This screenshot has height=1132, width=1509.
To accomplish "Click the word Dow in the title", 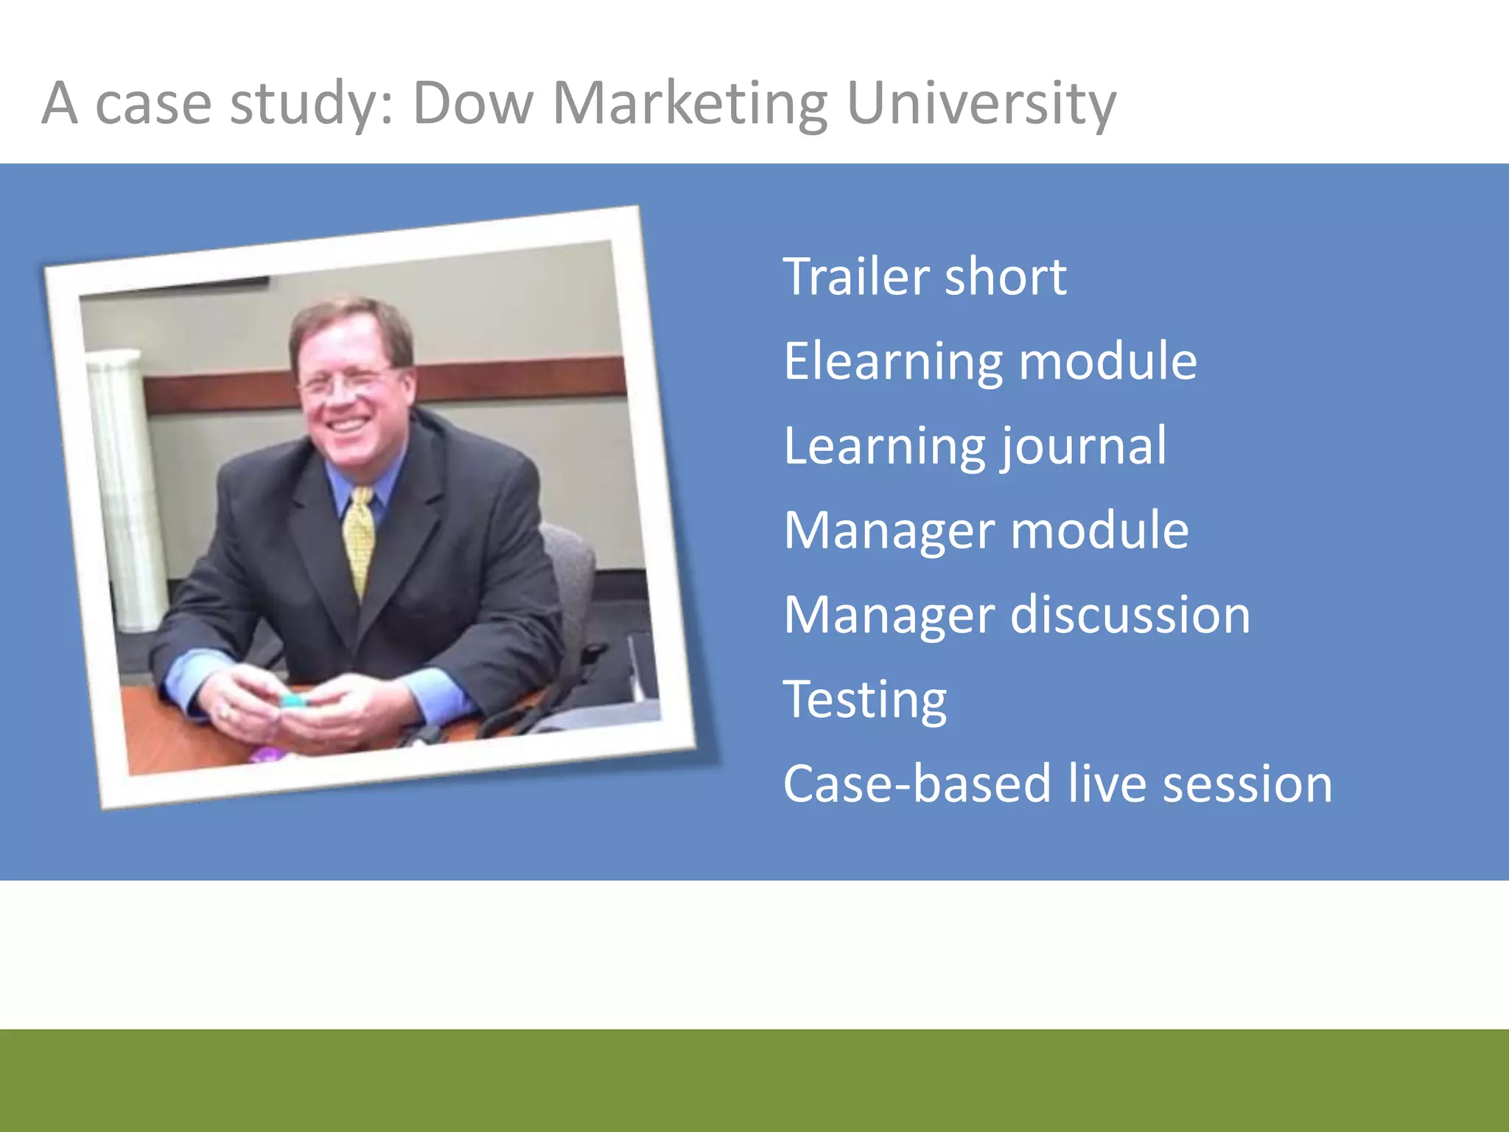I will [x=472, y=103].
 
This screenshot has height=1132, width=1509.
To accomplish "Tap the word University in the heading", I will [x=981, y=103].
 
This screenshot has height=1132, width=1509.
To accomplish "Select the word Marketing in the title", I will [x=690, y=103].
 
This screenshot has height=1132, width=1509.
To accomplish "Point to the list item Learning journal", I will [x=974, y=446].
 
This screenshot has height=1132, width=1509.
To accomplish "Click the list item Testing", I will [x=864, y=699].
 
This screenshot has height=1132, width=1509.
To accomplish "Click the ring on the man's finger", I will [x=225, y=712].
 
